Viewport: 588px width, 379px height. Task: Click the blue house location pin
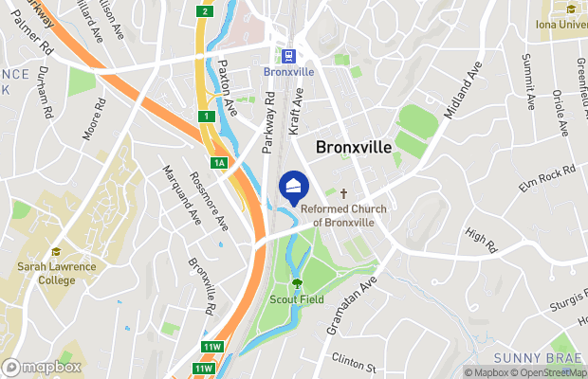[x=293, y=185]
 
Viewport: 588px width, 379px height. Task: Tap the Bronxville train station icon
[x=287, y=55]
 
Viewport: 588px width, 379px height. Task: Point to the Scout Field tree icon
[x=297, y=282]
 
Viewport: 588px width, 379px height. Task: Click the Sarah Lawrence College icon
[x=56, y=252]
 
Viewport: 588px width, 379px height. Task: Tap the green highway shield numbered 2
[x=204, y=11]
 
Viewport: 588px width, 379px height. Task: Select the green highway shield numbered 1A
[x=219, y=163]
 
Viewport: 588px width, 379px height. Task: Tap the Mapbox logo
[x=41, y=367]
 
